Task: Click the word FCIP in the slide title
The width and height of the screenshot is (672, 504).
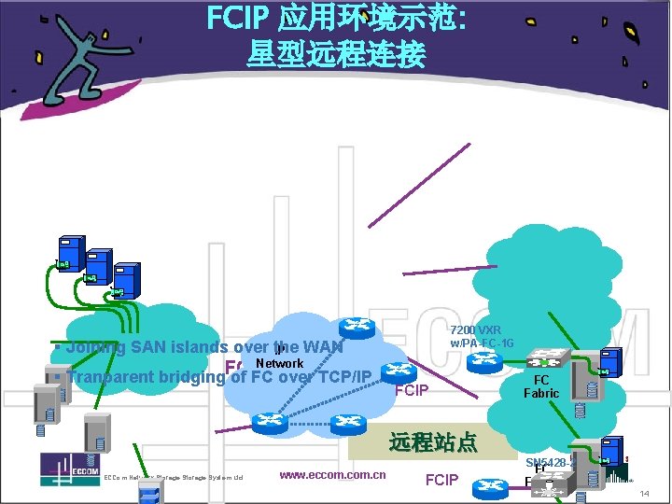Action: (x=237, y=19)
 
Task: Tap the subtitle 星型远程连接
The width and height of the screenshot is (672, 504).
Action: (x=336, y=54)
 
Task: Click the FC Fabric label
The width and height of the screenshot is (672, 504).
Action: (x=540, y=386)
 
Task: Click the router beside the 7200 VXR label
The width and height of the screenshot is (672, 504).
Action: (x=398, y=372)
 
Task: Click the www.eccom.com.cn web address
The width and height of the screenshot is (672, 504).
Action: (x=332, y=475)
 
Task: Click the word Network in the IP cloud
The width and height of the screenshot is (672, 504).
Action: (x=279, y=363)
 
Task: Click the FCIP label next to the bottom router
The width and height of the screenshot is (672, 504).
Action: (x=441, y=480)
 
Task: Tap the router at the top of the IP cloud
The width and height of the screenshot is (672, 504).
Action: (x=355, y=326)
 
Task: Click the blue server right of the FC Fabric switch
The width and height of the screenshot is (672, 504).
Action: (x=612, y=361)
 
